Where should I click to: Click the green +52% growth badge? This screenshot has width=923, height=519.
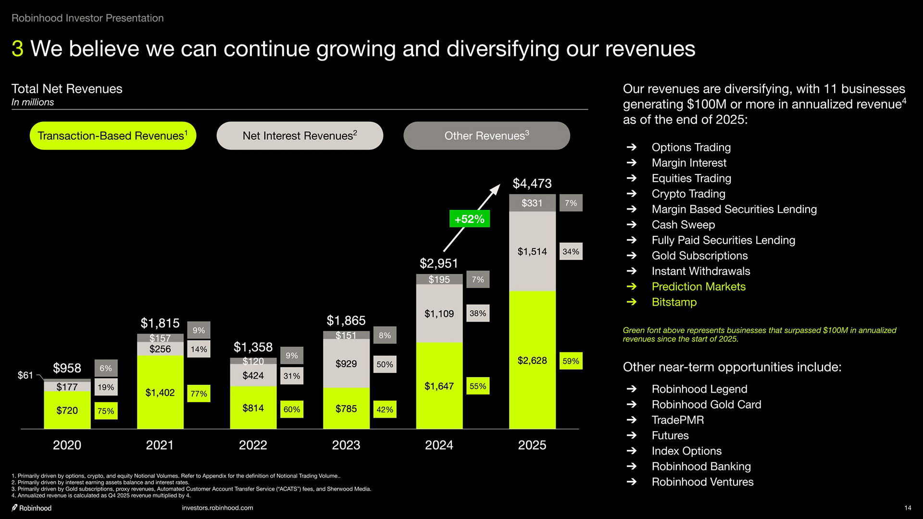click(x=469, y=219)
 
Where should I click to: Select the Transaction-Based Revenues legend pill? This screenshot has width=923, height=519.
click(x=113, y=136)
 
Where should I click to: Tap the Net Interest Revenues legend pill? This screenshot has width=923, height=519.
click(x=299, y=136)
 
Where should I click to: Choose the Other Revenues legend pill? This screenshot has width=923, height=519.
click(x=486, y=136)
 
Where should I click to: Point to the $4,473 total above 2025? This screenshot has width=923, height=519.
click(x=532, y=184)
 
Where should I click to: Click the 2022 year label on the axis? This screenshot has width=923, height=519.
click(x=253, y=445)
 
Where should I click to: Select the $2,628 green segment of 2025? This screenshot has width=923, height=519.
click(x=532, y=360)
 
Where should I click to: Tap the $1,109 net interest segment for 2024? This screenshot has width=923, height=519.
click(x=439, y=314)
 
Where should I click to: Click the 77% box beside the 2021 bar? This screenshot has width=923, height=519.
click(x=199, y=394)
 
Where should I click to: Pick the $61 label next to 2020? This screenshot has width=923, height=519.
click(x=25, y=375)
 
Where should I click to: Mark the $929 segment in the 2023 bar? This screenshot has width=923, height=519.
click(x=346, y=364)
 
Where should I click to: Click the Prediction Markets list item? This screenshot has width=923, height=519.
click(x=698, y=287)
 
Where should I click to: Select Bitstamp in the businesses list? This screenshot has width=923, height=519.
click(x=674, y=302)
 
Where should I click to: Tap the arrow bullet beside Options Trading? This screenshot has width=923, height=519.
click(x=632, y=148)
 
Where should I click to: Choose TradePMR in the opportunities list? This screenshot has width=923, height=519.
click(x=677, y=420)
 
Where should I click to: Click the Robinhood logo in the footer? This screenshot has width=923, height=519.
click(x=32, y=508)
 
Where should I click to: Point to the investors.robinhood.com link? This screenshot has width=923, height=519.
click(x=217, y=508)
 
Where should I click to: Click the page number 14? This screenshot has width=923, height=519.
click(x=908, y=508)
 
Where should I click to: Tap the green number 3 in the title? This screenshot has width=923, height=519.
click(x=17, y=49)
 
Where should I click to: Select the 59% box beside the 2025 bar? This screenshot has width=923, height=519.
click(x=571, y=361)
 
